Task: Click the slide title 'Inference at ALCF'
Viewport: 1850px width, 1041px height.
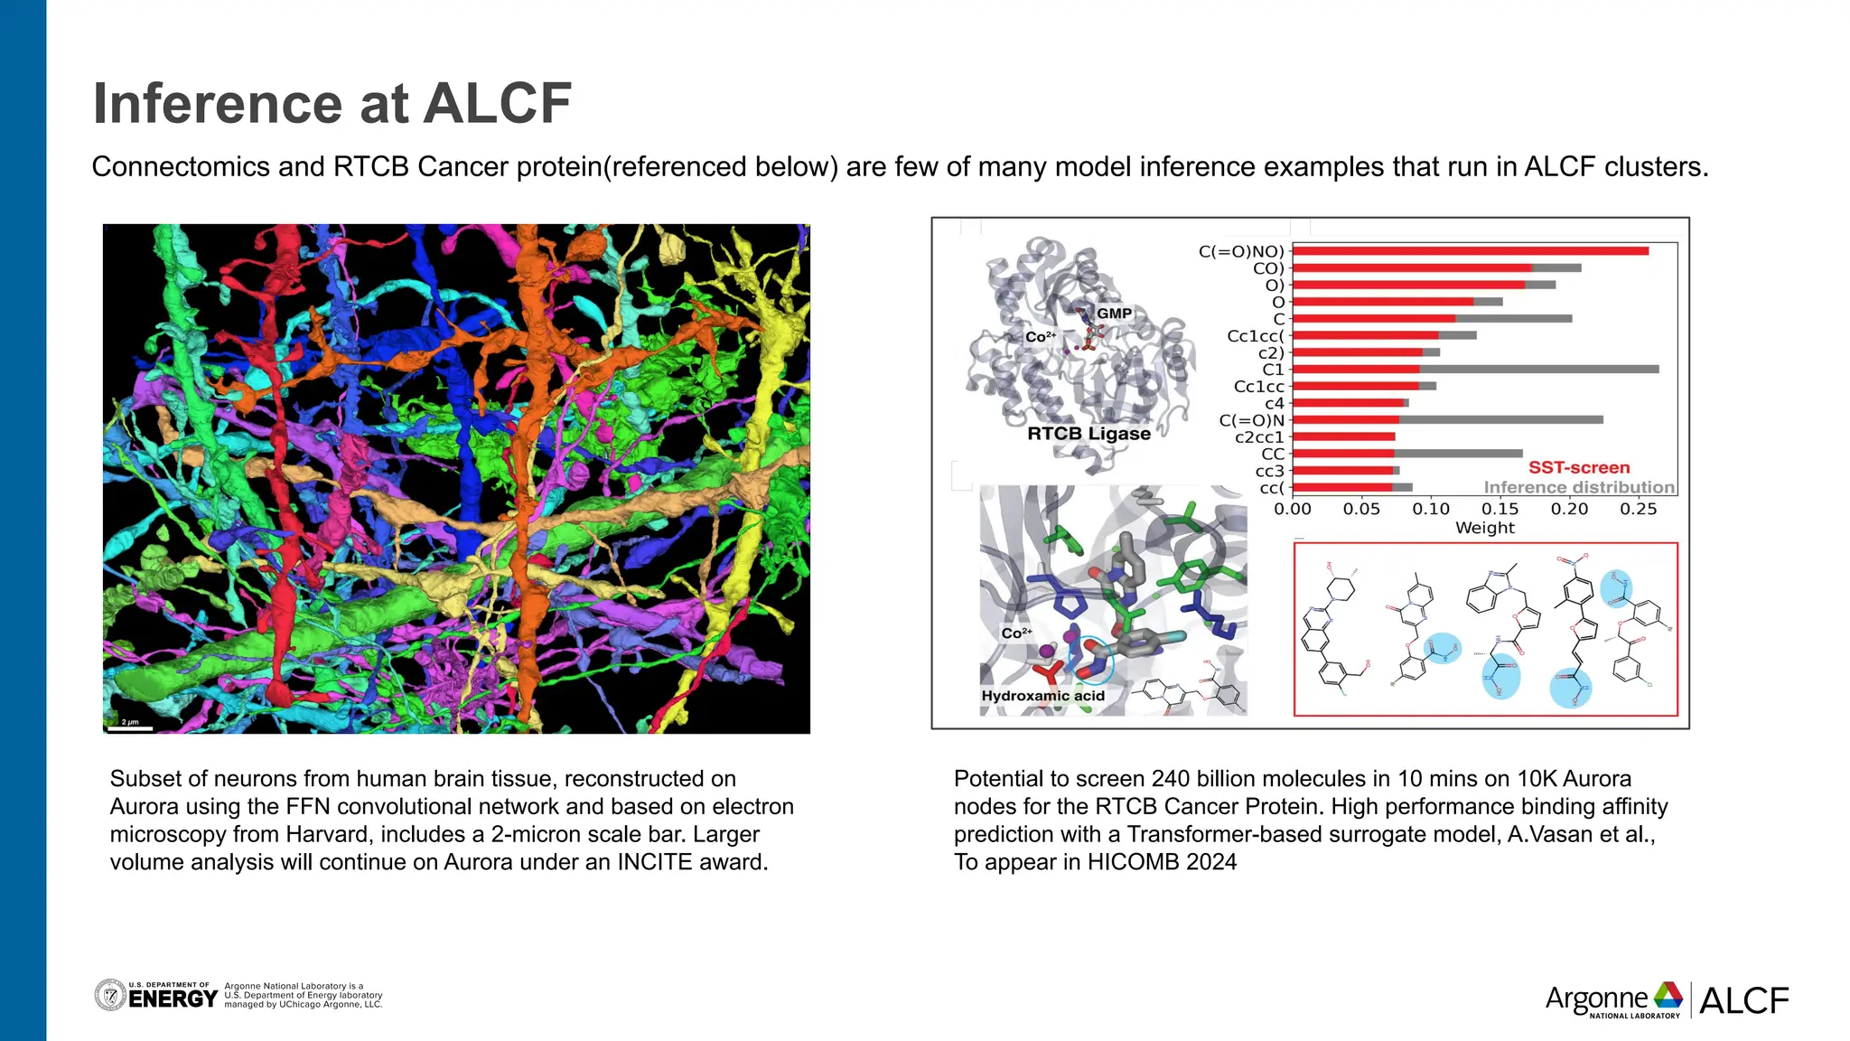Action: pos(332,103)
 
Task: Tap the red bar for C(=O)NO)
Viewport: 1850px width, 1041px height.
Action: pos(1470,251)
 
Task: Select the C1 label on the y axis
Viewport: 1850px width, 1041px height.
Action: pos(1273,370)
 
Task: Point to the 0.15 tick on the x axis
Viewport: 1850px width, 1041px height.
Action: pos(1500,509)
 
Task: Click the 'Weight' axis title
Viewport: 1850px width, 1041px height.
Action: pos(1484,528)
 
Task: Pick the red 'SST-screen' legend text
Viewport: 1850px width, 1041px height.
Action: pos(1579,467)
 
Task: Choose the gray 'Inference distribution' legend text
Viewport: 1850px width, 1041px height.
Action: pos(1579,487)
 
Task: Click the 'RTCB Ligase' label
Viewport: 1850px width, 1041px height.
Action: pos(1089,434)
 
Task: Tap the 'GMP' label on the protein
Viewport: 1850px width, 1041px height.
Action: pos(1114,314)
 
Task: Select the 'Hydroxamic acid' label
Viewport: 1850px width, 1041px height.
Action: pos(1043,696)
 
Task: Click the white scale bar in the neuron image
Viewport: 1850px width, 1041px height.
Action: pos(131,727)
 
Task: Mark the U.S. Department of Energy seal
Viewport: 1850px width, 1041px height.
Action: pos(110,995)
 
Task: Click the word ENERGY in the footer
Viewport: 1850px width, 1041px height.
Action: pos(173,999)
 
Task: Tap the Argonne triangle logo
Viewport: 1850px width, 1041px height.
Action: pos(1668,995)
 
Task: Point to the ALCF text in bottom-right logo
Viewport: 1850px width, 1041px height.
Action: pos(1743,1000)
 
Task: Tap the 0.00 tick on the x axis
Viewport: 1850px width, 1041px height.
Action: pos(1293,509)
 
